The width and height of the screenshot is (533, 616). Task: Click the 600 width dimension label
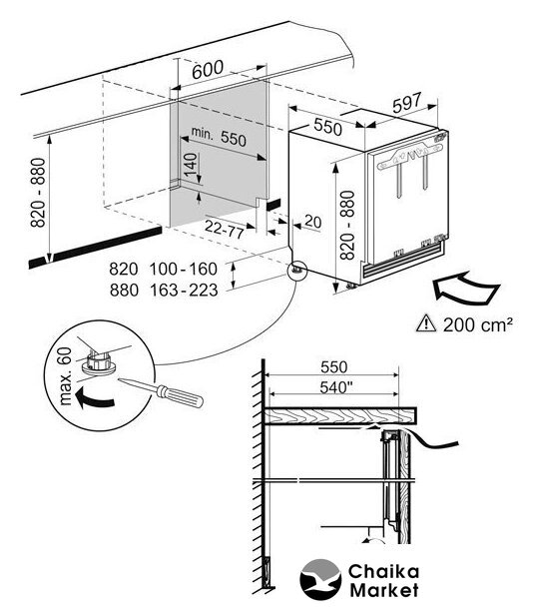(x=208, y=70)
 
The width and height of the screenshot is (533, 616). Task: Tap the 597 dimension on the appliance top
(x=407, y=103)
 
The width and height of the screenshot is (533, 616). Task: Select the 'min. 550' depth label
(x=219, y=136)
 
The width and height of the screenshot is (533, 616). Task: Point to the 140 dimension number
(x=191, y=165)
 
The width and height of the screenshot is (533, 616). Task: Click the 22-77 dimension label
(x=225, y=229)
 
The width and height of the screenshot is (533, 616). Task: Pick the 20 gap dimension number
(x=313, y=222)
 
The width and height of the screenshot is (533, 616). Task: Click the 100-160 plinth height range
(x=184, y=270)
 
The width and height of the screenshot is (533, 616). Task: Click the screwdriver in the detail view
(x=161, y=391)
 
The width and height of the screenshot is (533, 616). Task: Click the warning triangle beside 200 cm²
(x=426, y=323)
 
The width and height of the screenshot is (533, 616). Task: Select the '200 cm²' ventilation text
(x=478, y=324)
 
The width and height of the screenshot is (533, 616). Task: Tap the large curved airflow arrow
(x=466, y=288)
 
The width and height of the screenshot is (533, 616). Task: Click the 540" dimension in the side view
(x=334, y=387)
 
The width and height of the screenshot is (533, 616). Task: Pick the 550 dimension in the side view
(x=334, y=367)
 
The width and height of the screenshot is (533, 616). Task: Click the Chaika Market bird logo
(x=320, y=579)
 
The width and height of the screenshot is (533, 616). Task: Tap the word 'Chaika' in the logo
(x=383, y=572)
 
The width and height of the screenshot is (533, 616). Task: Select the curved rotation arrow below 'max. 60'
(x=95, y=397)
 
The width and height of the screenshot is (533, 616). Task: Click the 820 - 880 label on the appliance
(x=347, y=225)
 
